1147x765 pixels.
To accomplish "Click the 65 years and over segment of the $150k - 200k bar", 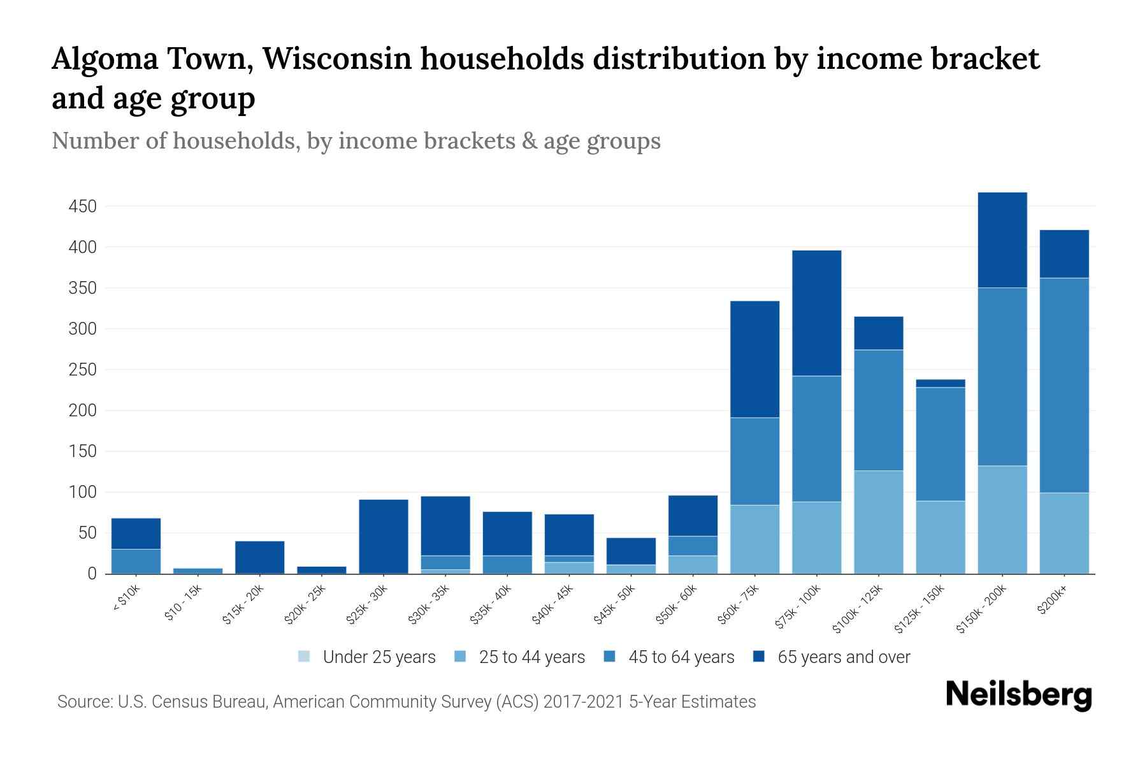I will pyautogui.click(x=1002, y=240).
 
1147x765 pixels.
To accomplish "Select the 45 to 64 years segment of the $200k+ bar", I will pyautogui.click(x=1064, y=385).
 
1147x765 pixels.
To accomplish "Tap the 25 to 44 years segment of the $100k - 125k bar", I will pyautogui.click(x=879, y=522).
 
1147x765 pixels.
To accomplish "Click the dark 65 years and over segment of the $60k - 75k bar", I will pyautogui.click(x=754, y=359).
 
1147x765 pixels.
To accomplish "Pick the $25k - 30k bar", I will pyautogui.click(x=384, y=536).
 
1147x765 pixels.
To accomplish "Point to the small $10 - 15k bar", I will pyautogui.click(x=198, y=571).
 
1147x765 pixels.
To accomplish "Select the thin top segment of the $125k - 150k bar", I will pyautogui.click(x=941, y=383).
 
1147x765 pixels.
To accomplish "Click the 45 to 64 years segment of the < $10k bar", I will pyautogui.click(x=136, y=561).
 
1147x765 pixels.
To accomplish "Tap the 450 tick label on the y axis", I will pyautogui.click(x=83, y=207).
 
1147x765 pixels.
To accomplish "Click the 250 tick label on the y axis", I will pyautogui.click(x=83, y=370).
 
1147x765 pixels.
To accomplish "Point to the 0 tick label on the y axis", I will pyautogui.click(x=92, y=574).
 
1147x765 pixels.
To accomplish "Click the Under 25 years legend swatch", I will pyautogui.click(x=304, y=656).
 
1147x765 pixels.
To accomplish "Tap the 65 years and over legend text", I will pyautogui.click(x=844, y=657).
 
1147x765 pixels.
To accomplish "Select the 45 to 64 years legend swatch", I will pyautogui.click(x=610, y=656).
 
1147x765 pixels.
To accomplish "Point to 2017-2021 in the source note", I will pyautogui.click(x=583, y=702).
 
